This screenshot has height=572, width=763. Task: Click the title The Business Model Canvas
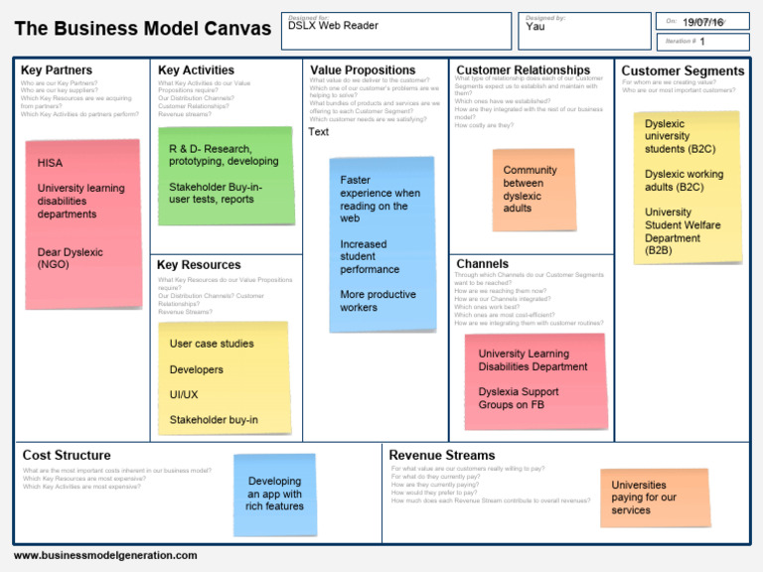coord(142,29)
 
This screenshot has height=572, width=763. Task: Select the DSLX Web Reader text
coord(333,26)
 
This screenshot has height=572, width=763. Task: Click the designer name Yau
coord(535,27)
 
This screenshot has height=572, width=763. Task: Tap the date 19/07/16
coord(702,21)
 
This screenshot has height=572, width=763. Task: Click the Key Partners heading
coord(57,71)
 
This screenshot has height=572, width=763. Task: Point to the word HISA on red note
coord(50,162)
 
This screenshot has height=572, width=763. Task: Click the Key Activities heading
coord(196,71)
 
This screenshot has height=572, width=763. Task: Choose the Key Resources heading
coord(199,265)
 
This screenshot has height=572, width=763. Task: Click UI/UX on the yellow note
coord(184,395)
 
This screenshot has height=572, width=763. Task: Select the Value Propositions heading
coord(363,71)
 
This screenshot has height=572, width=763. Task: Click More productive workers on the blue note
coord(378,301)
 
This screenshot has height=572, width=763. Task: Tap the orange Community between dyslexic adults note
coord(534,189)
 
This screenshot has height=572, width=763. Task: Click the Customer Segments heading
coord(683,71)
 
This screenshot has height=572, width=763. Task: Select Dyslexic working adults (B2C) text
coord(684,180)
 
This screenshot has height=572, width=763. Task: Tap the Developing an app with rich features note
coord(274,494)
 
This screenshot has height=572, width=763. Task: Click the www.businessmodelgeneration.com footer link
coord(105,555)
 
